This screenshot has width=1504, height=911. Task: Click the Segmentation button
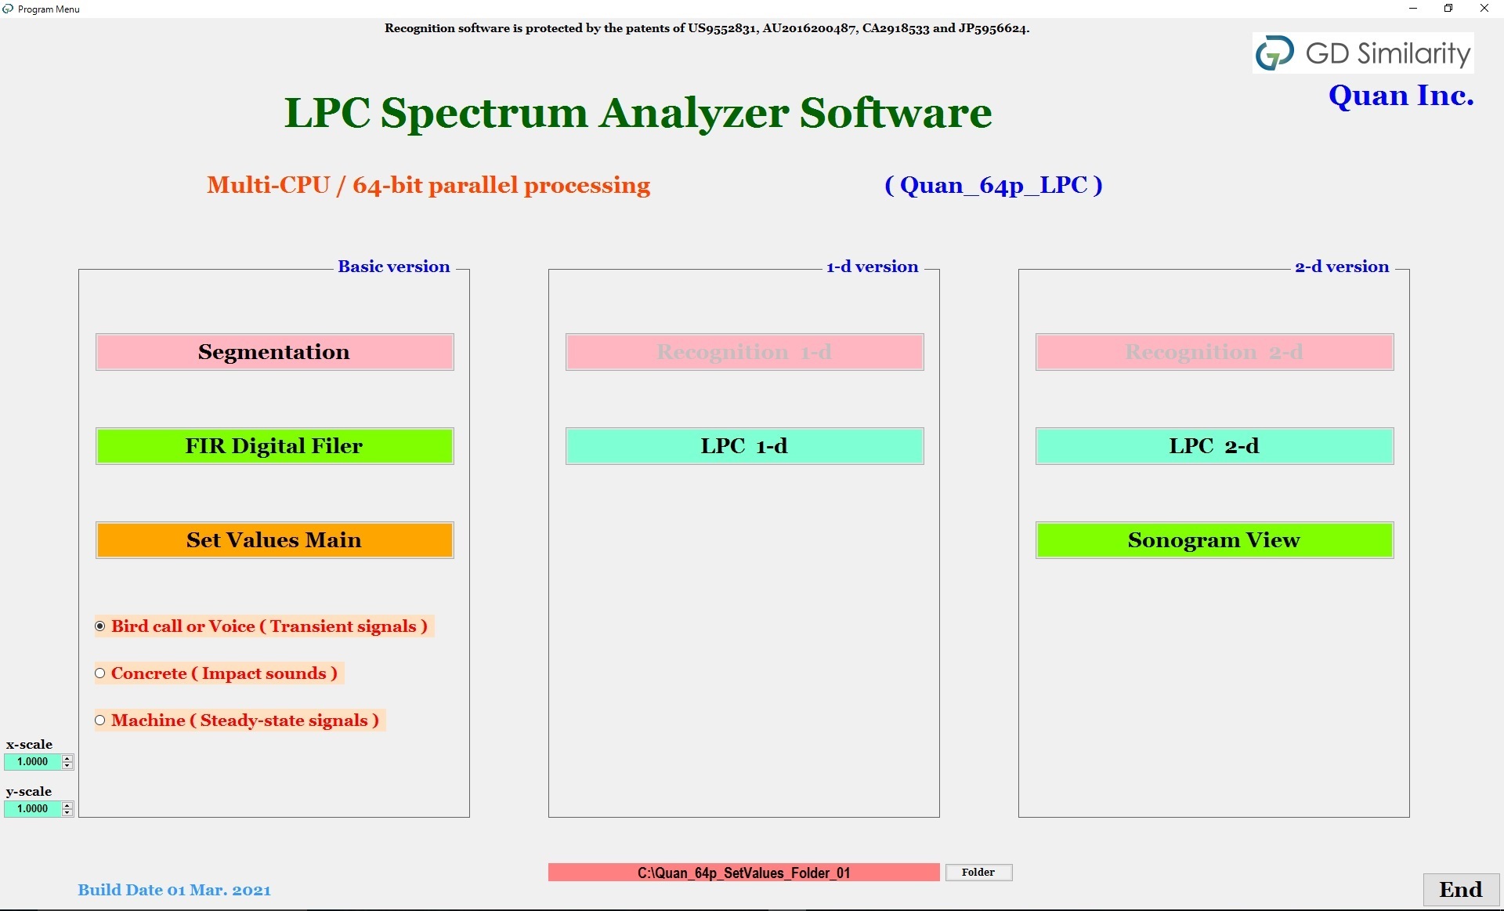click(x=274, y=352)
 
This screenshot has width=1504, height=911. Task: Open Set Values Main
click(x=274, y=540)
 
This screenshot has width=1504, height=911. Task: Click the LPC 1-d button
click(x=744, y=446)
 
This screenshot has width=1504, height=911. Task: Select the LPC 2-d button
click(x=1214, y=446)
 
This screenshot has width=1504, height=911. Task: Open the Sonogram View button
click(x=1214, y=540)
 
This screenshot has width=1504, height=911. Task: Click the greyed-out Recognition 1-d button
click(x=744, y=352)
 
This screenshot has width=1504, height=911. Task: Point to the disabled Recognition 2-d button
click(x=1214, y=352)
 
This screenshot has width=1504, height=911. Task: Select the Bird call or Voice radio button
click(x=100, y=626)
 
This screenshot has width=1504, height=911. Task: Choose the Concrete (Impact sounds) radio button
click(x=100, y=673)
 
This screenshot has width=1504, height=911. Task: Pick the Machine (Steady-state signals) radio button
click(x=100, y=720)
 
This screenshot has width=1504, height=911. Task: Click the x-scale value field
click(x=33, y=762)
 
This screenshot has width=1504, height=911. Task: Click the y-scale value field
click(x=33, y=809)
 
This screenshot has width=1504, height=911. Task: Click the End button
click(x=1460, y=890)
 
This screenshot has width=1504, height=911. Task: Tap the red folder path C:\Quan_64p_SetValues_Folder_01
click(x=743, y=873)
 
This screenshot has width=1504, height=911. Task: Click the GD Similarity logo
click(x=1363, y=53)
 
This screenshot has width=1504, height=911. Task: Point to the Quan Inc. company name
click(x=1401, y=96)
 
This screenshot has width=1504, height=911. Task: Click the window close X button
click(x=1484, y=9)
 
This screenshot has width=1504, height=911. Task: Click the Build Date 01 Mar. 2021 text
click(x=174, y=891)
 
